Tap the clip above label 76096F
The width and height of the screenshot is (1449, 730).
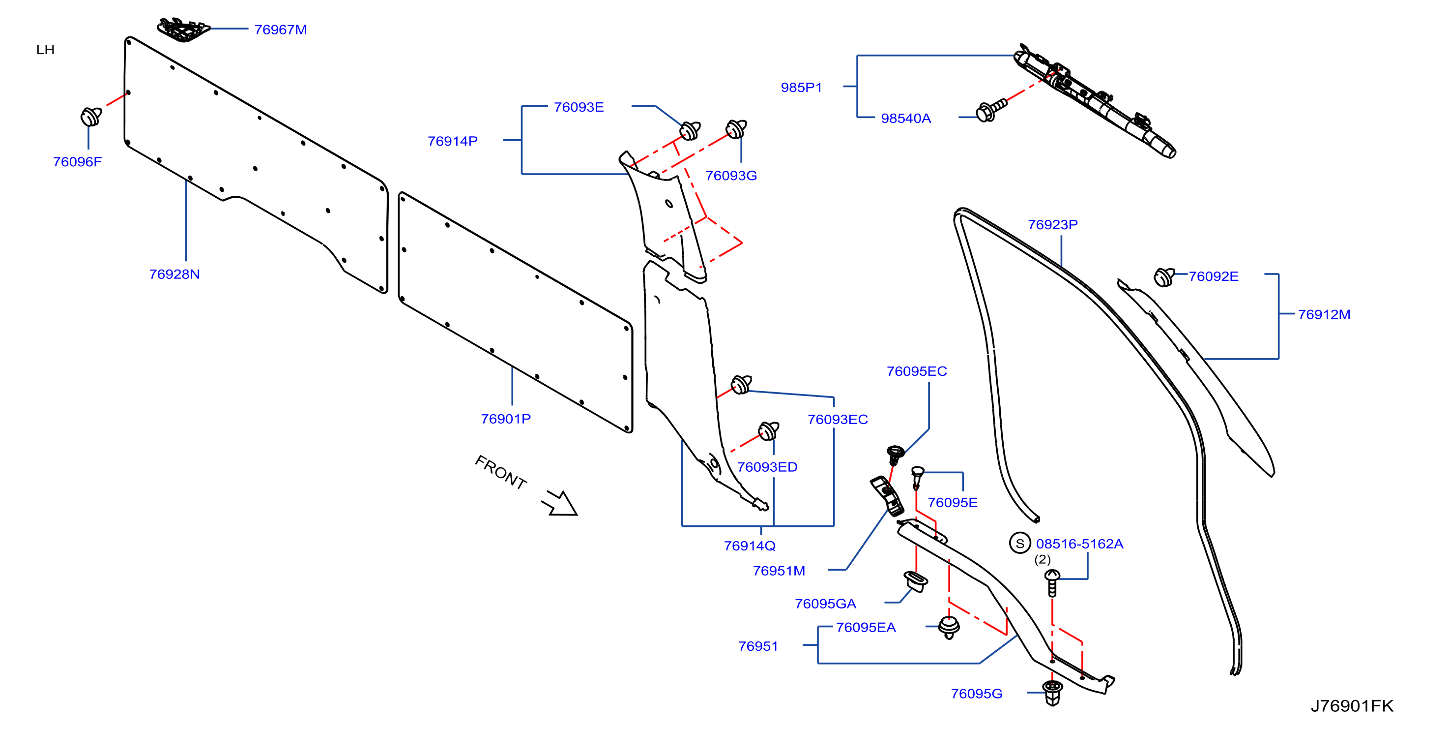90,116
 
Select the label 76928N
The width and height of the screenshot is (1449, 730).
174,274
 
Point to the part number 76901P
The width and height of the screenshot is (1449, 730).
506,419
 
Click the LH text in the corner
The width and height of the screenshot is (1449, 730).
46,50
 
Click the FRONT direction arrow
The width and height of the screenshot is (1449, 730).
560,503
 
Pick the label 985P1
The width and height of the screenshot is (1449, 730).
802,87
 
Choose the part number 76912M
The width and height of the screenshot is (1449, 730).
1324,315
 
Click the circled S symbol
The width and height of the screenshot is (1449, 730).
1020,543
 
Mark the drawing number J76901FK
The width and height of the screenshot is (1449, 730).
1352,706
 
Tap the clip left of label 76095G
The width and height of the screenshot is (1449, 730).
1052,692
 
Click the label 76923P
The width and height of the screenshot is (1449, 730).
1053,225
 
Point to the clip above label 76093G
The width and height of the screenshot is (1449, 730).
736,129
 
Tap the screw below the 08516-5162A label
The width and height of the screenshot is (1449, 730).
1052,582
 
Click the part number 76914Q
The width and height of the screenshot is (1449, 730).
750,546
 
